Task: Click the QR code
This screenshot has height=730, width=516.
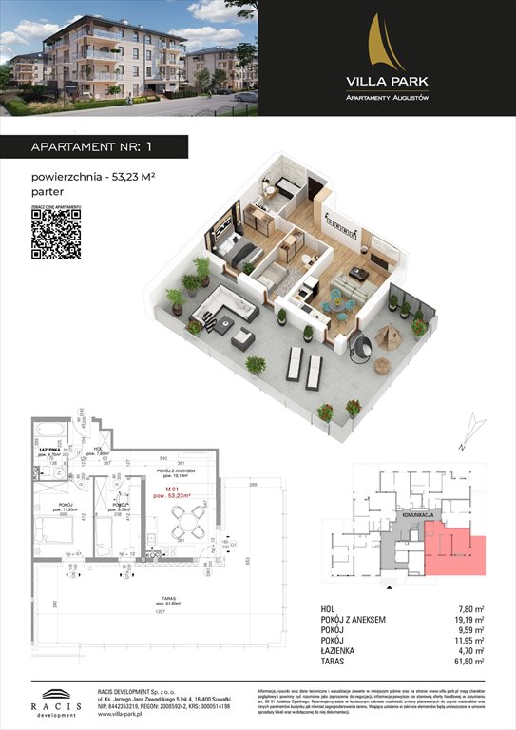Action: pos(55,234)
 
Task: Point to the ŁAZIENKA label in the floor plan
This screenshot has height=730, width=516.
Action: pos(49,449)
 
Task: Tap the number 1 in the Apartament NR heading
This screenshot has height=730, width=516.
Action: pos(149,146)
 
